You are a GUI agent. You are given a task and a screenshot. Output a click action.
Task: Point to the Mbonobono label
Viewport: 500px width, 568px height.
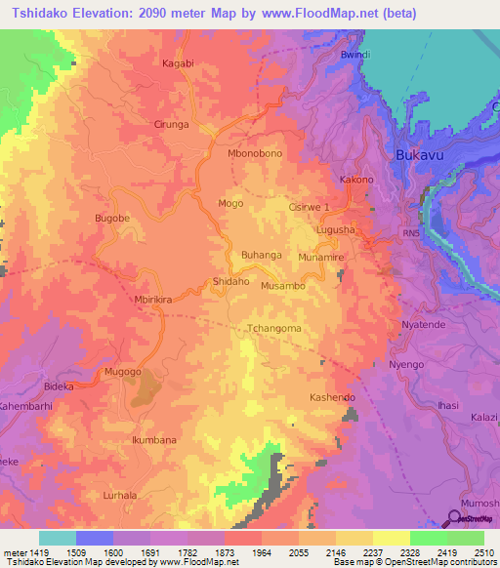pyautogui.click(x=254, y=154)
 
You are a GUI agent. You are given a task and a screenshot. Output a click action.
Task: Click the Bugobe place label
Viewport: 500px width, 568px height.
pyautogui.click(x=111, y=219)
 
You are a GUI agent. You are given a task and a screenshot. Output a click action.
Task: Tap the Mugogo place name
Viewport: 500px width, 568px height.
pyautogui.click(x=123, y=373)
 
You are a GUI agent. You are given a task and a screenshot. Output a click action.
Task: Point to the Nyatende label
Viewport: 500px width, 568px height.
pyautogui.click(x=424, y=324)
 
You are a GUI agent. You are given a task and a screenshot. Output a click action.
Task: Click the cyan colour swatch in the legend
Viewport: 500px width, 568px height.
pyautogui.click(x=57, y=538)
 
